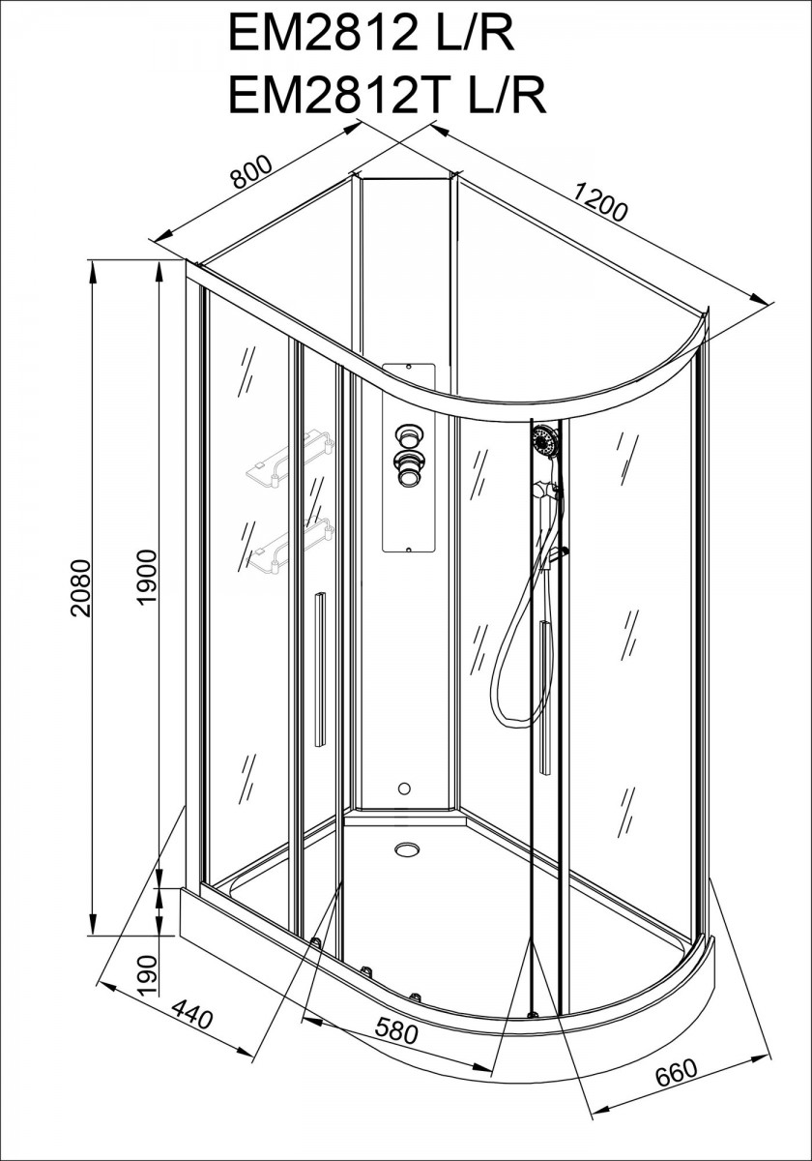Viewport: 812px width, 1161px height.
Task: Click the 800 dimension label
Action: [251, 172]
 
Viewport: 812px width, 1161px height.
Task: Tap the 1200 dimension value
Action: [599, 202]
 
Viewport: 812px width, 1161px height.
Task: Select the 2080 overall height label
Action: [81, 588]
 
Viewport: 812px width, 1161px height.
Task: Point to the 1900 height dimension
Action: [147, 578]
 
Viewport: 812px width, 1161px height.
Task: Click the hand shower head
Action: [543, 439]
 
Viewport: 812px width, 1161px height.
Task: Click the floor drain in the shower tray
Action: [407, 848]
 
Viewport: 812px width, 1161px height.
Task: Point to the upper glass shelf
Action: [289, 458]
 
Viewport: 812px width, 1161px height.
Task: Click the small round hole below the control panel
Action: [404, 789]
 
